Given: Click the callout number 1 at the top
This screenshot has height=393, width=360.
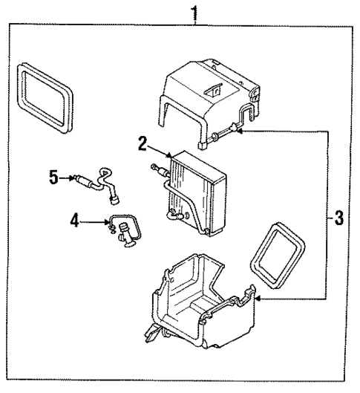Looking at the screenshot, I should click(x=196, y=13).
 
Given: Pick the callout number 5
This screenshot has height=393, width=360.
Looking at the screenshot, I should click(x=53, y=177).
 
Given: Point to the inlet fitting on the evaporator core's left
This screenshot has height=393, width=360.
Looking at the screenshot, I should click(x=158, y=170).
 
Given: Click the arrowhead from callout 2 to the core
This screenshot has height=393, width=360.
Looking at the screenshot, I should click(x=170, y=155).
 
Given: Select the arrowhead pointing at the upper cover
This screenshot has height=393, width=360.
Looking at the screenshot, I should click(x=242, y=130).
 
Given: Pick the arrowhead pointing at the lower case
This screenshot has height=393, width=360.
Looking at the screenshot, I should click(x=257, y=299).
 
